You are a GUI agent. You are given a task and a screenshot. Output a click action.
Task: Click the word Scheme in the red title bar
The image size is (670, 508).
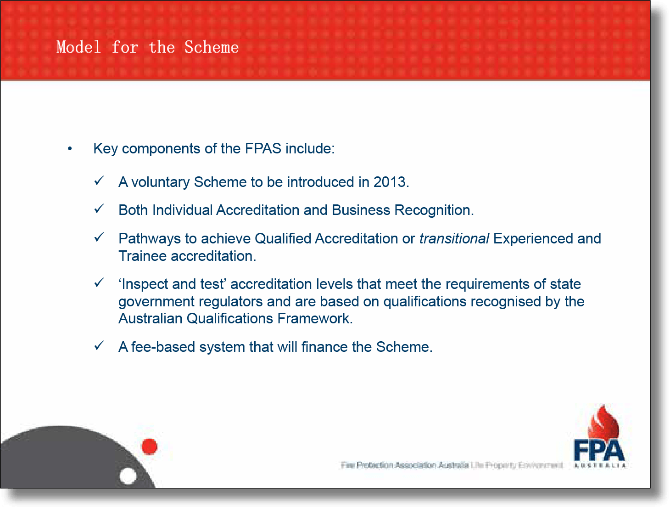point(212,47)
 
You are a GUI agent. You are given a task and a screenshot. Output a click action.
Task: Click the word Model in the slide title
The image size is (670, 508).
point(78,47)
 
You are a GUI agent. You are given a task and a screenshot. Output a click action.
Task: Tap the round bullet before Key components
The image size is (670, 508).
point(70,149)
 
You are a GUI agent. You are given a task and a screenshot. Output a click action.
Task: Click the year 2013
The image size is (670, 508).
point(390,182)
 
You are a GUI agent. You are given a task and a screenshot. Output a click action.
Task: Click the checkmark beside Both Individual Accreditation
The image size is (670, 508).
point(99,209)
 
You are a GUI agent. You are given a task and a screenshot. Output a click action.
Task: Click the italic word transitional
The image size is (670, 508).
point(454,239)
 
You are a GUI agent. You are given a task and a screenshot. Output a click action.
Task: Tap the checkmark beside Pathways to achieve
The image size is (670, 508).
point(99,237)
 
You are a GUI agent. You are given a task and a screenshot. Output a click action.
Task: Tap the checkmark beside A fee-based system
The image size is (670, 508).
point(99,346)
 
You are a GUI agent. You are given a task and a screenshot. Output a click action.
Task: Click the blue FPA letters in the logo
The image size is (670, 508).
point(599,451)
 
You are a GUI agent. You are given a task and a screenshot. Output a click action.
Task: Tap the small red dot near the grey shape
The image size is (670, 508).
point(150,446)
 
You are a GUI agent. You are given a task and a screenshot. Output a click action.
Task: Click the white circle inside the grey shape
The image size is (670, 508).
point(128,476)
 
